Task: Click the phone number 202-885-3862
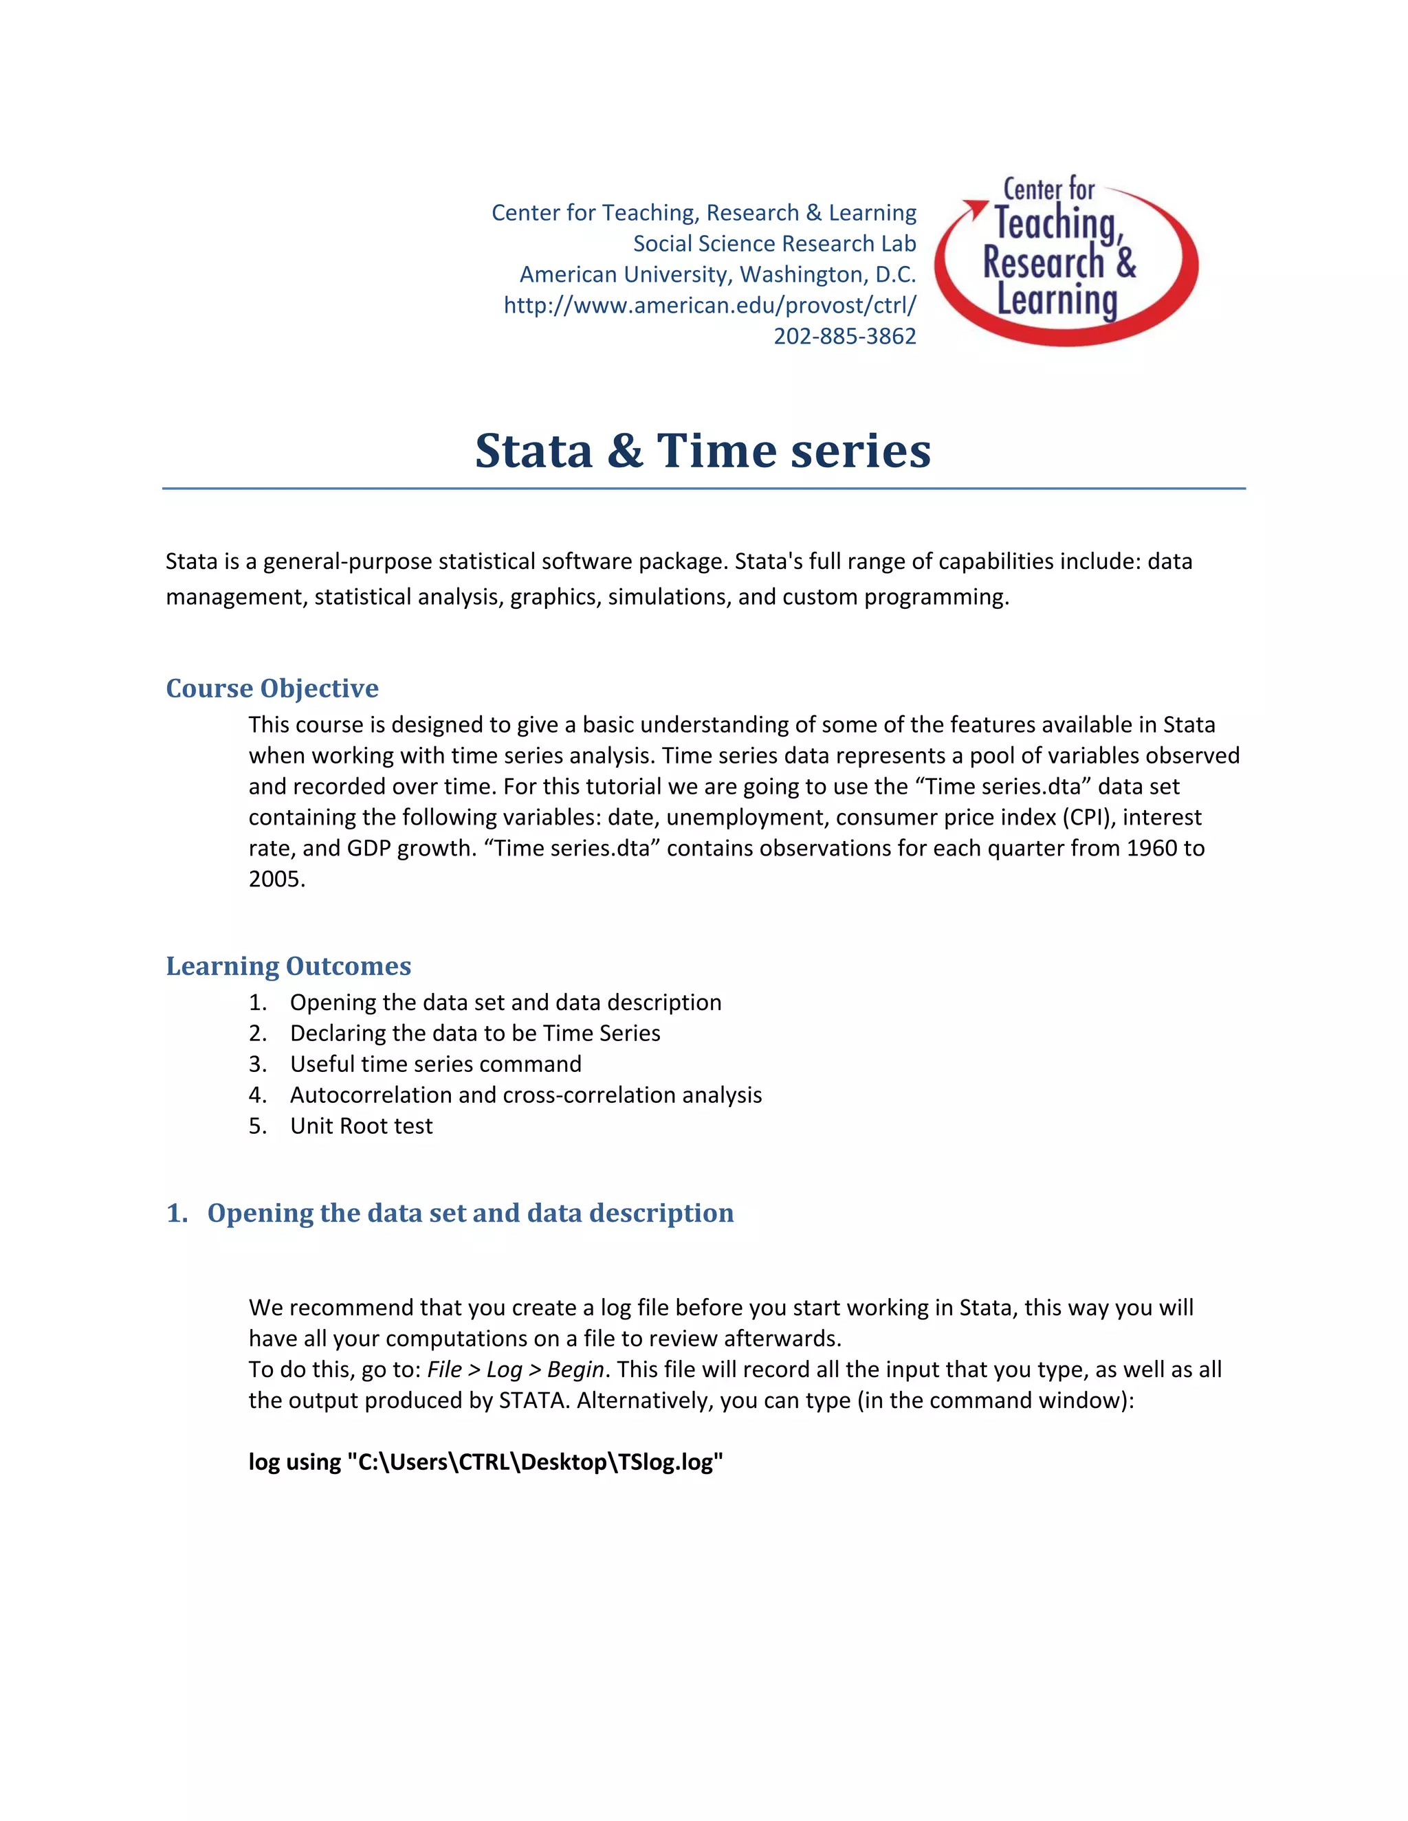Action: pos(844,336)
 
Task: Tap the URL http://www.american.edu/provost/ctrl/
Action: pos(709,305)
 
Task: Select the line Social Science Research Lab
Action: pos(774,243)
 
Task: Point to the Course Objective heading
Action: pos(272,688)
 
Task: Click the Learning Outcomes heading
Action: pos(289,965)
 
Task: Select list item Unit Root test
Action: pos(360,1126)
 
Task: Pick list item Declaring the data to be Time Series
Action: pos(474,1033)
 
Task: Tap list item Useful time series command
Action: pos(435,1064)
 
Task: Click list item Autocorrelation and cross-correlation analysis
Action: pos(525,1095)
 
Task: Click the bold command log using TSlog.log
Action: pos(485,1462)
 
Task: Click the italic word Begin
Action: pos(575,1369)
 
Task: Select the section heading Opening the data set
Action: pos(470,1212)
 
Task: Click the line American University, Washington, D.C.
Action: pos(717,274)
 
